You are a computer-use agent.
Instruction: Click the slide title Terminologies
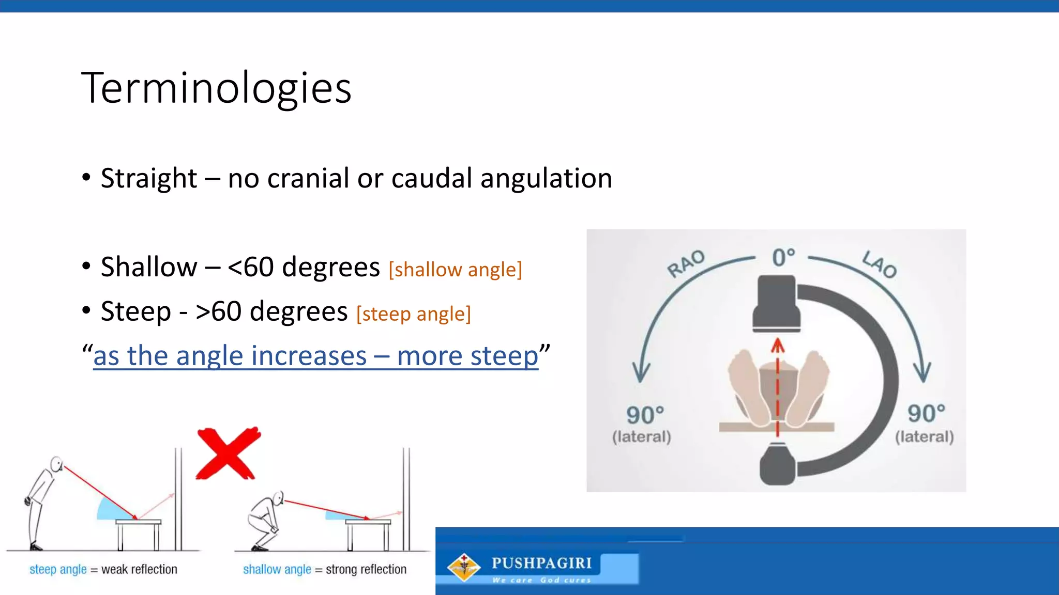[x=216, y=88]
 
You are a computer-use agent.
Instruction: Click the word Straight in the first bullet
[x=149, y=179]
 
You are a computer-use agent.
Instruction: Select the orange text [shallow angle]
[x=455, y=270]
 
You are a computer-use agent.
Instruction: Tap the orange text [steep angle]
[x=414, y=314]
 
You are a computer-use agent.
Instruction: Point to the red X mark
[x=228, y=453]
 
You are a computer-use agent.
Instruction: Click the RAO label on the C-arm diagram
[x=686, y=263]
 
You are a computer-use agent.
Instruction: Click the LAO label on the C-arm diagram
[x=879, y=264]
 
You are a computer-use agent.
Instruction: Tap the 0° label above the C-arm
[x=783, y=257]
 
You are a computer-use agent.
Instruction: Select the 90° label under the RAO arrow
[x=644, y=415]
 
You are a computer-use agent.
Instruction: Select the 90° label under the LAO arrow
[x=926, y=413]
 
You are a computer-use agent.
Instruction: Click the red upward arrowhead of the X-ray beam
[x=777, y=345]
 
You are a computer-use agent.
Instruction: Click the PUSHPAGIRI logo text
[x=541, y=563]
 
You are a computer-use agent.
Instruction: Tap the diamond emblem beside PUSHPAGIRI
[x=464, y=567]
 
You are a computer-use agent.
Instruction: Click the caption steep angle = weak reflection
[x=103, y=569]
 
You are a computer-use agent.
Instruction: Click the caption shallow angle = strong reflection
[x=325, y=569]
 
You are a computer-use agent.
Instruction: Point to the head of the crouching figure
[x=278, y=498]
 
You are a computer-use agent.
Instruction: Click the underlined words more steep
[x=467, y=356]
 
